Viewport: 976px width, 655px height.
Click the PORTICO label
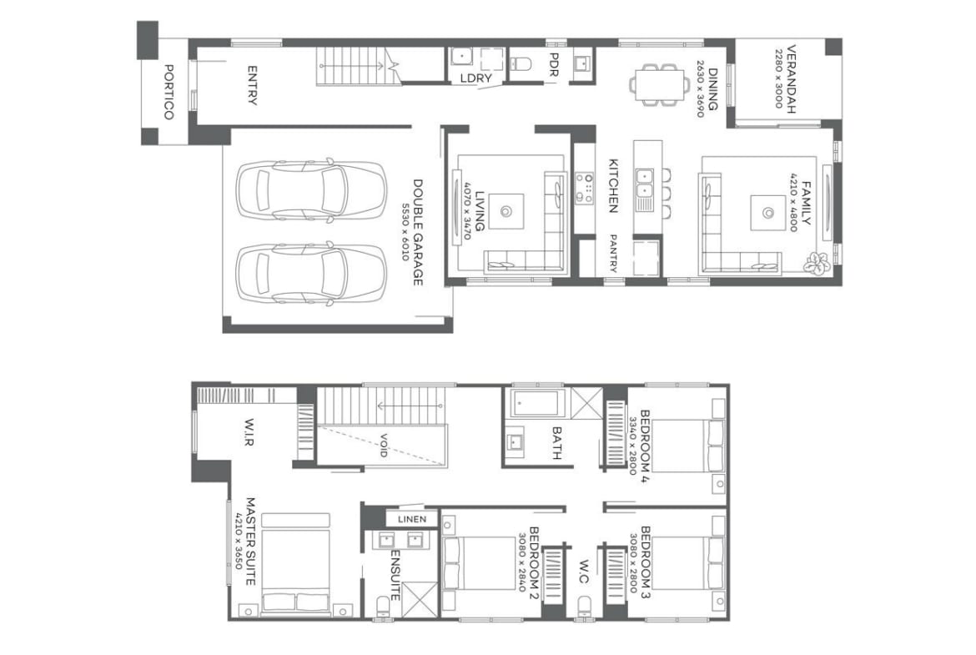pos(169,92)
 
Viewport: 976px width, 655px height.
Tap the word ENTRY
pos(252,85)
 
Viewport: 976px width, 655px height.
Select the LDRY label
pos(476,78)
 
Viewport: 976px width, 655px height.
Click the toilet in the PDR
pos(521,63)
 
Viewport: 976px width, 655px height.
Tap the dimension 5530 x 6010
pos(406,232)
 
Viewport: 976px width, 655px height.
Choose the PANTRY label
pos(613,254)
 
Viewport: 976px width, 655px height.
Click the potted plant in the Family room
pos(816,264)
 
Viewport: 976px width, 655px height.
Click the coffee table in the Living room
pos(506,211)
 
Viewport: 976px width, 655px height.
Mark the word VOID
pos(384,446)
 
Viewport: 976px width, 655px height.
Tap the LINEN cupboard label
pos(412,519)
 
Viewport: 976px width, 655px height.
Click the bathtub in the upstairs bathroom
pos(538,404)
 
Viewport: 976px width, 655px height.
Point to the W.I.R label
pos(249,433)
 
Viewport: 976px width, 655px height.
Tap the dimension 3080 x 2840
pos(523,561)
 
